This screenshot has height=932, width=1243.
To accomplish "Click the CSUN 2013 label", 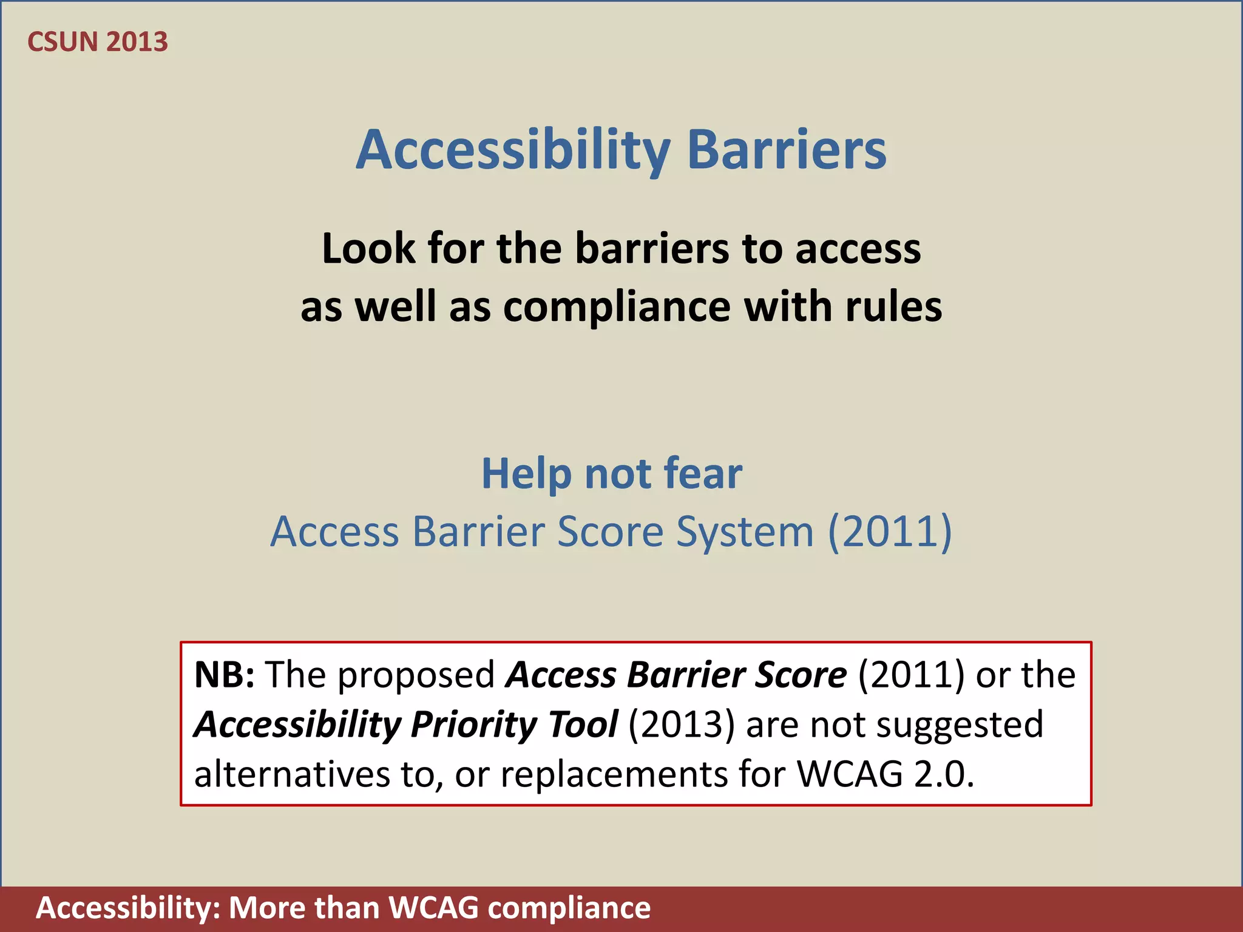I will [98, 42].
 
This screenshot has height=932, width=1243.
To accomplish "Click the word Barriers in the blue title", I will [787, 150].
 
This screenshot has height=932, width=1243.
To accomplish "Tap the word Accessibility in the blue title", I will [513, 150].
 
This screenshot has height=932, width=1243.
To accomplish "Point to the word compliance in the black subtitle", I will [617, 307].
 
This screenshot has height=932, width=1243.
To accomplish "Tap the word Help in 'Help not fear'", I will [526, 473].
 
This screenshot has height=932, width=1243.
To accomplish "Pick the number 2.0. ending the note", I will [944, 775].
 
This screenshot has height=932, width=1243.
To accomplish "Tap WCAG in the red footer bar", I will [433, 908].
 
